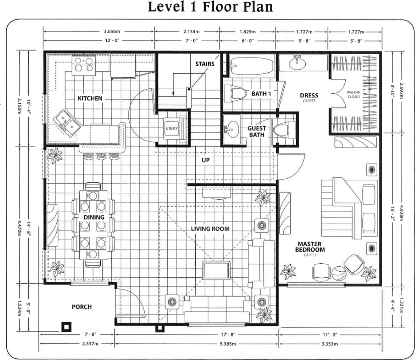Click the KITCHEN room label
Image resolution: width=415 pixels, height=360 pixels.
[x=90, y=98]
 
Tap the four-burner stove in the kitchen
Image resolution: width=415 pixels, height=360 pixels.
[x=84, y=65]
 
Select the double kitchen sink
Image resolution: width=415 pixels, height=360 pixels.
[x=67, y=123]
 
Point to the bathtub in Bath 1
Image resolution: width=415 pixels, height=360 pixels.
[x=251, y=66]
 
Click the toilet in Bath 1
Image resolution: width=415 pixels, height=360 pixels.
[x=235, y=94]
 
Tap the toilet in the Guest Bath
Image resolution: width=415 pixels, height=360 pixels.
[x=284, y=130]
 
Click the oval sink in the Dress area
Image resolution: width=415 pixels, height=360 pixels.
[x=297, y=64]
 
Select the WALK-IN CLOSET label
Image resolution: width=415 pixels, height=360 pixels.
[x=353, y=94]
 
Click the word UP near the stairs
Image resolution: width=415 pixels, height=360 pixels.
[x=206, y=160]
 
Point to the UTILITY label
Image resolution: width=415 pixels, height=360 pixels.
[x=172, y=128]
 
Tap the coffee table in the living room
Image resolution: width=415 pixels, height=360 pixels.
[x=216, y=270]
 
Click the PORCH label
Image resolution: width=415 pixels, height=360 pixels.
[x=82, y=307]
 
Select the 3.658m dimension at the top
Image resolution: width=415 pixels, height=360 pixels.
[x=112, y=31]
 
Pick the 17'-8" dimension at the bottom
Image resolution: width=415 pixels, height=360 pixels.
[x=228, y=335]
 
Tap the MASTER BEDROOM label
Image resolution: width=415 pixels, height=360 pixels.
[x=310, y=247]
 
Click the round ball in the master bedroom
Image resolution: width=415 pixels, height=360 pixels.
[x=339, y=273]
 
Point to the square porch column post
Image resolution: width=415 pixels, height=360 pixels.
[x=66, y=327]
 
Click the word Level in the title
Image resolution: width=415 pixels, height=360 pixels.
[x=166, y=7]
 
